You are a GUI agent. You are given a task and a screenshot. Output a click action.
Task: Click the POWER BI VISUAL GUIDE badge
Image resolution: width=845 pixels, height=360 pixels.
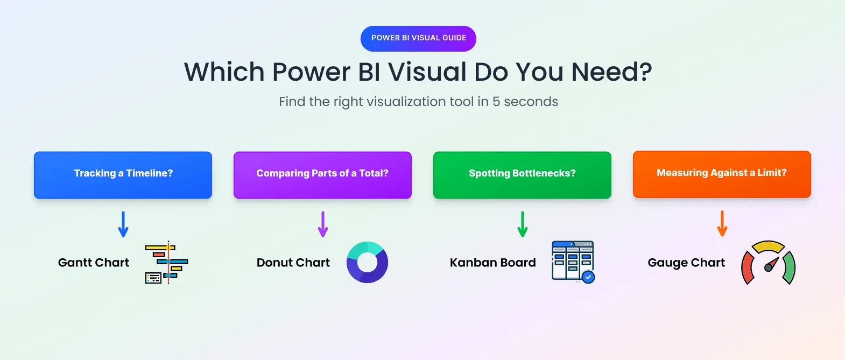418,38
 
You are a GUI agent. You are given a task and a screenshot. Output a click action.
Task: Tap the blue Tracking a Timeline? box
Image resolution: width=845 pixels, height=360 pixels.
123,175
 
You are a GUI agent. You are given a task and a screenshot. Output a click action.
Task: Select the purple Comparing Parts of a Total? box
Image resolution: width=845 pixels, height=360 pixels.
322,175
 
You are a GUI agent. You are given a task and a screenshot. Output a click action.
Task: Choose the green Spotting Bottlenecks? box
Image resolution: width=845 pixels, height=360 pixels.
522,175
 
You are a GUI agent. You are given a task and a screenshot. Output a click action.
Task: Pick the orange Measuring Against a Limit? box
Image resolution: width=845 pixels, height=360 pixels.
722,174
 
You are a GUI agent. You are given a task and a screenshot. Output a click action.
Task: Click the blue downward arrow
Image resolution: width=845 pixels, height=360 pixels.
123,224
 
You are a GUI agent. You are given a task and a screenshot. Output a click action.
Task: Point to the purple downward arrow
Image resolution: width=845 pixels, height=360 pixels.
323,224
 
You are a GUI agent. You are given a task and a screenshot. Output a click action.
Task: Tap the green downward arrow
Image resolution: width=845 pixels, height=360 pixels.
523,224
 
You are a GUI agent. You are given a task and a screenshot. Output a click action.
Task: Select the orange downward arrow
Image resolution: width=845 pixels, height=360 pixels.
722,223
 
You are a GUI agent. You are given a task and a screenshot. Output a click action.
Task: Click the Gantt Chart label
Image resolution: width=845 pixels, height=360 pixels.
94,263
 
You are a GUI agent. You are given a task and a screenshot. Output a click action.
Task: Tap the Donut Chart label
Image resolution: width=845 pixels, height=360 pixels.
293,263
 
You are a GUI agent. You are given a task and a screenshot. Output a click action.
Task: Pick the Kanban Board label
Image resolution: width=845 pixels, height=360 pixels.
493,263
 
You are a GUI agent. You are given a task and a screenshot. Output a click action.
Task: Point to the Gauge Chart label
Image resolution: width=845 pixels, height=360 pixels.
686,263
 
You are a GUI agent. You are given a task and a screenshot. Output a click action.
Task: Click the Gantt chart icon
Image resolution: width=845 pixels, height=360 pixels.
167,263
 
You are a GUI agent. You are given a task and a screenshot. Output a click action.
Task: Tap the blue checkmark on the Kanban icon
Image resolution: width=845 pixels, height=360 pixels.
588,277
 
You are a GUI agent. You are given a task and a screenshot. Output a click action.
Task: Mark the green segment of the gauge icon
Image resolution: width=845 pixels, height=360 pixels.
789,267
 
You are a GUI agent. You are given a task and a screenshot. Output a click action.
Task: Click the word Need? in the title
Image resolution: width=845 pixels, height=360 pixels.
611,72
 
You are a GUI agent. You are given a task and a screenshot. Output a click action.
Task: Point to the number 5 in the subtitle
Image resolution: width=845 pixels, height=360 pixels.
496,102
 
